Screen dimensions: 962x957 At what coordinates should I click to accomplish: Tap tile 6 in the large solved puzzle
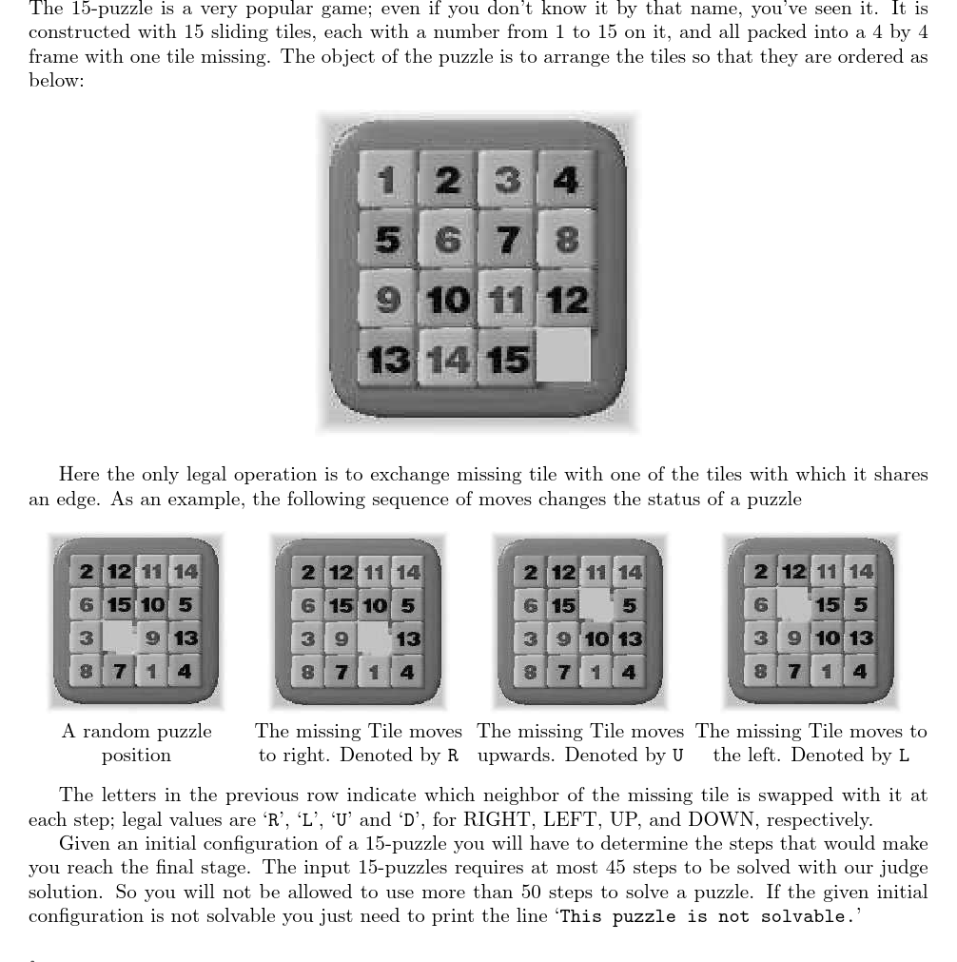point(446,240)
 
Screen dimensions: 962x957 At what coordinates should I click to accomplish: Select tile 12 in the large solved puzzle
point(566,300)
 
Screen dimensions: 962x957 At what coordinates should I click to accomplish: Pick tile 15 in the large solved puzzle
point(506,360)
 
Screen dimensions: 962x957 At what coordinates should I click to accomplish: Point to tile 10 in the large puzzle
point(446,300)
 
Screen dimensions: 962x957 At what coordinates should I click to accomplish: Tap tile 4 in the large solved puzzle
point(566,179)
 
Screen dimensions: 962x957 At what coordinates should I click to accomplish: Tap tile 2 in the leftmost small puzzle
point(87,572)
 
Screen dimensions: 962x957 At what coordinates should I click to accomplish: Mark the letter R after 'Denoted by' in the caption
point(453,756)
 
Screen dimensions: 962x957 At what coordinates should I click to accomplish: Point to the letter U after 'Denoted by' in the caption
point(677,756)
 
